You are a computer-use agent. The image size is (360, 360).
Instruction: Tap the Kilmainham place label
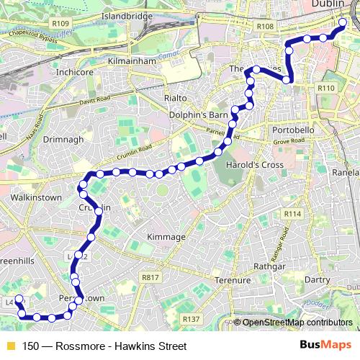coord(132,62)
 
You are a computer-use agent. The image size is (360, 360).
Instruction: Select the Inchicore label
coord(75,73)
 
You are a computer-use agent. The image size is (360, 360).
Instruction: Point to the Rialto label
coord(175,97)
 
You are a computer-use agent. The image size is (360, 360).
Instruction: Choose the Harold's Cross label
coord(247,164)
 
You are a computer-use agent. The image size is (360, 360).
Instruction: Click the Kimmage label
coord(166,236)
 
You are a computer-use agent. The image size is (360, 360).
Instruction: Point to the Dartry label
coord(317,278)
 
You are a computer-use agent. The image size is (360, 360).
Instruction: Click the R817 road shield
coord(150,276)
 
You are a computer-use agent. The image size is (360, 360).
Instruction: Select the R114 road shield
coord(292,214)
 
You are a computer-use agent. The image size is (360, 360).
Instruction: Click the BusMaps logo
coord(329,346)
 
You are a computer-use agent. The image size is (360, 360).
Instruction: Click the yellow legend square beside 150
coord(9,346)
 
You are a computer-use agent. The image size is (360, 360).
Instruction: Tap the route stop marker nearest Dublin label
coord(342,22)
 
